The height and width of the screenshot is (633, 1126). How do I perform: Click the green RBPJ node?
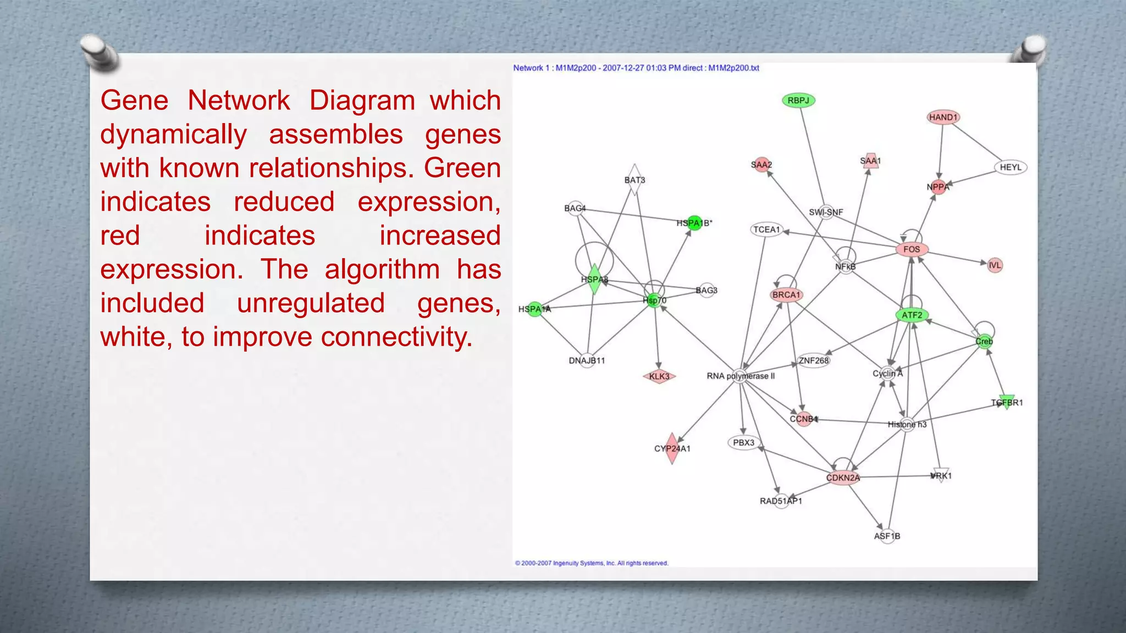point(798,101)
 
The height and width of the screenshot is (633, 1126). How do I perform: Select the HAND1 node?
point(943,117)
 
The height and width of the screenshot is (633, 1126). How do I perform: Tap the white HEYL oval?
point(1011,167)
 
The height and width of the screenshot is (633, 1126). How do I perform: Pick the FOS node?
point(912,249)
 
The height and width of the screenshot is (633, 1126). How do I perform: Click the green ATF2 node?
point(912,315)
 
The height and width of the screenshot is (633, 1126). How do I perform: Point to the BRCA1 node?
point(786,295)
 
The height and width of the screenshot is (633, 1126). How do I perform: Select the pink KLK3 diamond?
point(659,376)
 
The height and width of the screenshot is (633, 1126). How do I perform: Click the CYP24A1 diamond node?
point(671,448)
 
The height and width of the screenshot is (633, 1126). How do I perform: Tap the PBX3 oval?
point(743,442)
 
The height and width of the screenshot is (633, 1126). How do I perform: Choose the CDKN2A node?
point(842,477)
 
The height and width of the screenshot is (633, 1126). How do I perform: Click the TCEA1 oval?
point(766,230)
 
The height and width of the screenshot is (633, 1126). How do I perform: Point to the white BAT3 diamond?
point(634,180)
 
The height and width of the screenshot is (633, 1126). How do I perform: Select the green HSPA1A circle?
point(534,309)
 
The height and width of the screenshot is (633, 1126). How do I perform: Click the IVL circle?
point(995,265)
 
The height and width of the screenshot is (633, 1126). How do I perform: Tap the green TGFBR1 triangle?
point(1007,402)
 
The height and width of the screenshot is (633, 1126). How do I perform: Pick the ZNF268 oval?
point(814,360)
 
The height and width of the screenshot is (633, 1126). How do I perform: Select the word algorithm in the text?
point(382,270)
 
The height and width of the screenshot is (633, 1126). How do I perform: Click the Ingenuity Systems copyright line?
point(592,563)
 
